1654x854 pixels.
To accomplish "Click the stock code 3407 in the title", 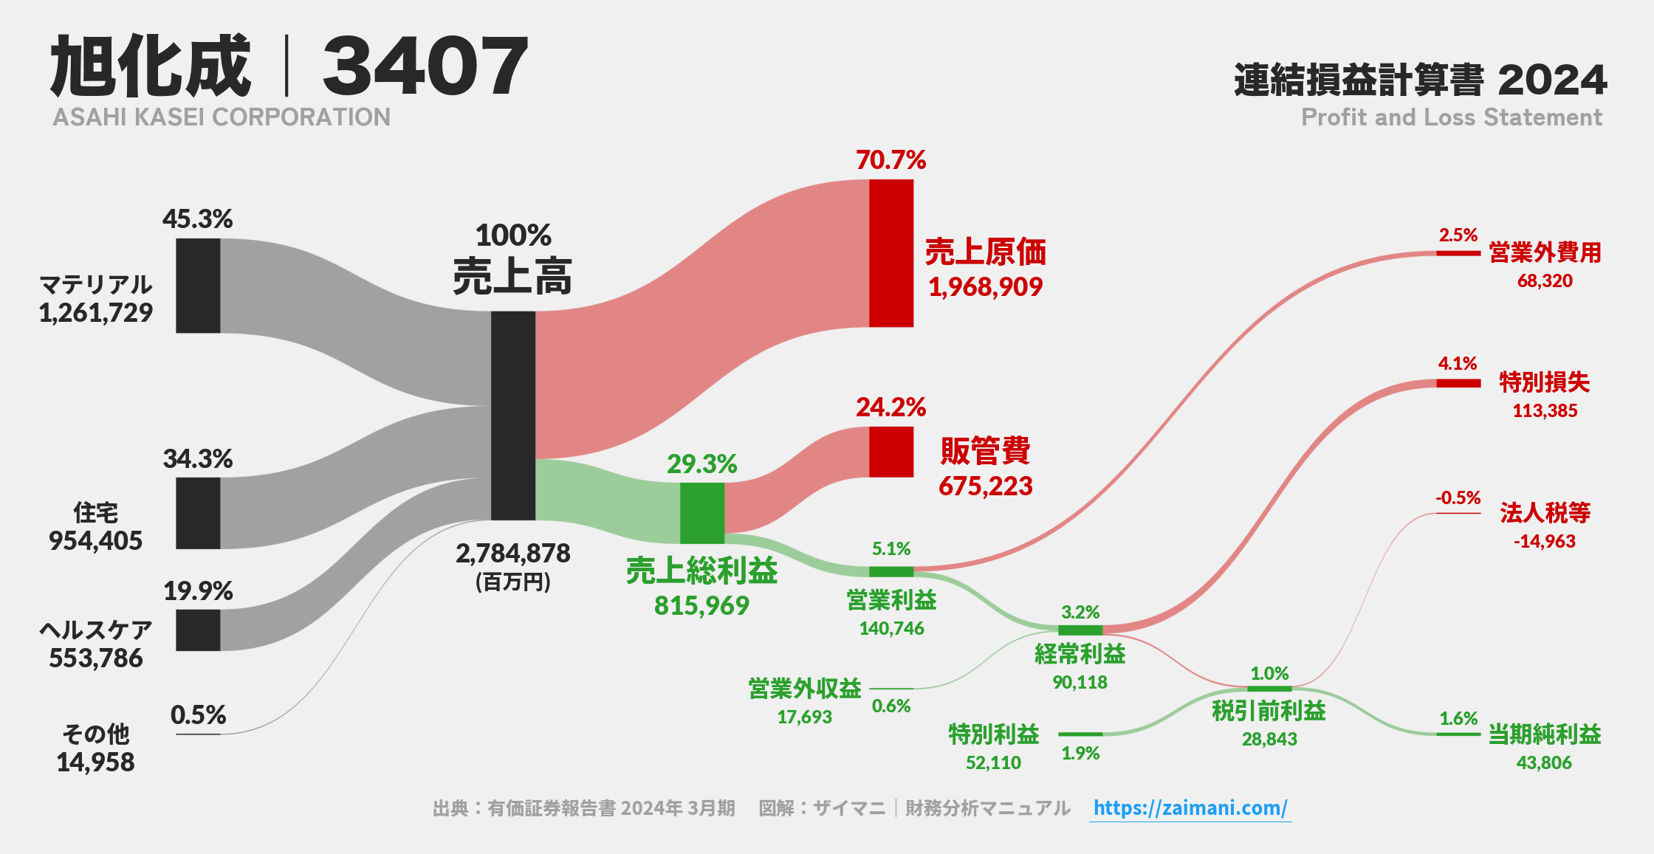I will pyautogui.click(x=425, y=66).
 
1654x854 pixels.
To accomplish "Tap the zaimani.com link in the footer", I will pyautogui.click(x=1190, y=807).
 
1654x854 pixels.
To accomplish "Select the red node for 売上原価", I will pyautogui.click(x=891, y=253).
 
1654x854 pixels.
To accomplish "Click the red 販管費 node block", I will pyautogui.click(x=891, y=452).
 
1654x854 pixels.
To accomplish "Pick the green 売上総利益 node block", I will pyautogui.click(x=701, y=513).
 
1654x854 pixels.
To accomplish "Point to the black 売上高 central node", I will pyautogui.click(x=512, y=416).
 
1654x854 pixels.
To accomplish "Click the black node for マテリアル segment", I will pyautogui.click(x=198, y=286).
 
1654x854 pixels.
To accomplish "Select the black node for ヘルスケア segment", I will pyautogui.click(x=198, y=630).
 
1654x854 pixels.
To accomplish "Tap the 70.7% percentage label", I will pyautogui.click(x=891, y=160).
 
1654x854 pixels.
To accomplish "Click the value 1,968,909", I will pyautogui.click(x=985, y=287).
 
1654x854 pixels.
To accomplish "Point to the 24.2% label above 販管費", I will pyautogui.click(x=891, y=407).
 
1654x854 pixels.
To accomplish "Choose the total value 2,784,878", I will pyautogui.click(x=512, y=554).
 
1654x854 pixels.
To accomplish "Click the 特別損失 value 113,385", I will pyautogui.click(x=1544, y=411).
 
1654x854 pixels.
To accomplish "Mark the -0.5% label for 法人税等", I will pyautogui.click(x=1458, y=498).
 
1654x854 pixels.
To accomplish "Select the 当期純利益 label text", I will pyautogui.click(x=1544, y=734).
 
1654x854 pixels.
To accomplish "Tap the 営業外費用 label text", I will pyautogui.click(x=1545, y=252).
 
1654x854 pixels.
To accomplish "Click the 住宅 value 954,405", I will pyautogui.click(x=95, y=541).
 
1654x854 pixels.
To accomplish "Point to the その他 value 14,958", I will pyautogui.click(x=95, y=762).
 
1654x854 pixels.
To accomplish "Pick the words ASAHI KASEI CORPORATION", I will pyautogui.click(x=222, y=117).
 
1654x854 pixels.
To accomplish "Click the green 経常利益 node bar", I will pyautogui.click(x=1080, y=630).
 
